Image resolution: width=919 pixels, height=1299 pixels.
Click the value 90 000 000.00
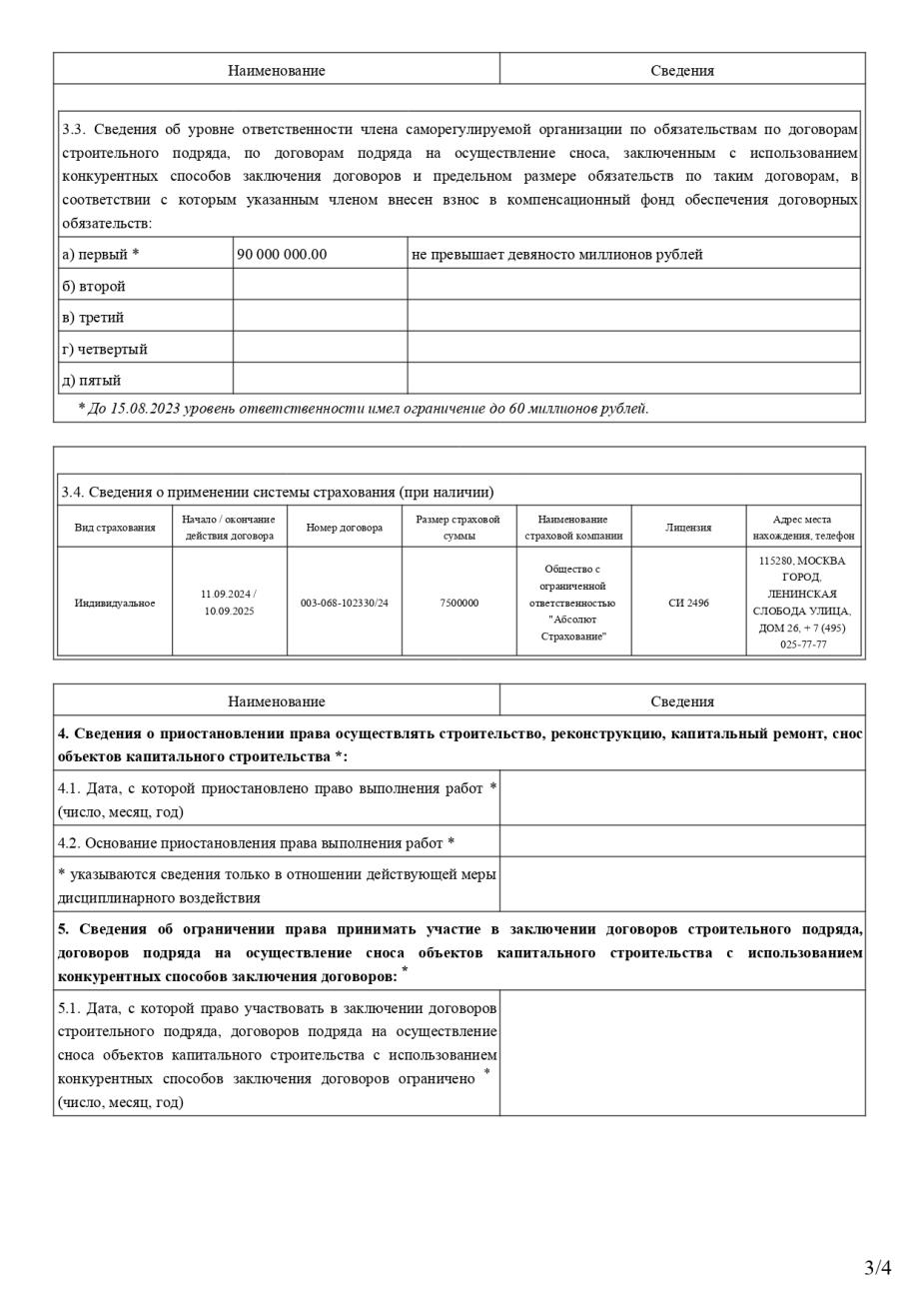click(x=282, y=254)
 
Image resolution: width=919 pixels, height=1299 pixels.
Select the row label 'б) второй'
click(x=94, y=286)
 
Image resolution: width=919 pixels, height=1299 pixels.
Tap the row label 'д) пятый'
click(x=92, y=380)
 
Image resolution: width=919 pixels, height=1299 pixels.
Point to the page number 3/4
click(x=877, y=1268)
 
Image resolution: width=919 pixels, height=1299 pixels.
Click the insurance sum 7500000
click(x=459, y=603)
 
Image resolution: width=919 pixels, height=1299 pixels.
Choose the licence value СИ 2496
click(x=688, y=603)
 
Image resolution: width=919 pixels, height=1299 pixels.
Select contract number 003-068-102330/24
click(x=345, y=603)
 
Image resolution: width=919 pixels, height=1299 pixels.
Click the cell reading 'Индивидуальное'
click(x=115, y=603)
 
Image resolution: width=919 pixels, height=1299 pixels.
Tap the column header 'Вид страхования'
click(x=115, y=528)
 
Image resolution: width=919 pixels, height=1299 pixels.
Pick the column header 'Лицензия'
click(x=688, y=528)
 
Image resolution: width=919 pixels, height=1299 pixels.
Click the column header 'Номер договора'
click(x=345, y=528)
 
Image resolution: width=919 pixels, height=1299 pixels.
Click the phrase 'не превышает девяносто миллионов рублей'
click(x=556, y=254)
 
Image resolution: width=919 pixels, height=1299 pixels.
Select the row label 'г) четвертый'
click(x=105, y=349)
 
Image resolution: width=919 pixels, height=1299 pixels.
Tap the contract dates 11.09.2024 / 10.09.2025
click(x=229, y=603)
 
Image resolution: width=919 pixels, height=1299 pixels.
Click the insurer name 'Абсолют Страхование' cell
click(x=573, y=603)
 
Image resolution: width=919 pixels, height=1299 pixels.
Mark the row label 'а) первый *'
click(x=101, y=254)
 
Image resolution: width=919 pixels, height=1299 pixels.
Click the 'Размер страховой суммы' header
click(x=459, y=528)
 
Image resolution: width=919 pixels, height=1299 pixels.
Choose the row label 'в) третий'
click(x=93, y=317)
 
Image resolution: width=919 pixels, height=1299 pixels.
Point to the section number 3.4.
click(x=73, y=492)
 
